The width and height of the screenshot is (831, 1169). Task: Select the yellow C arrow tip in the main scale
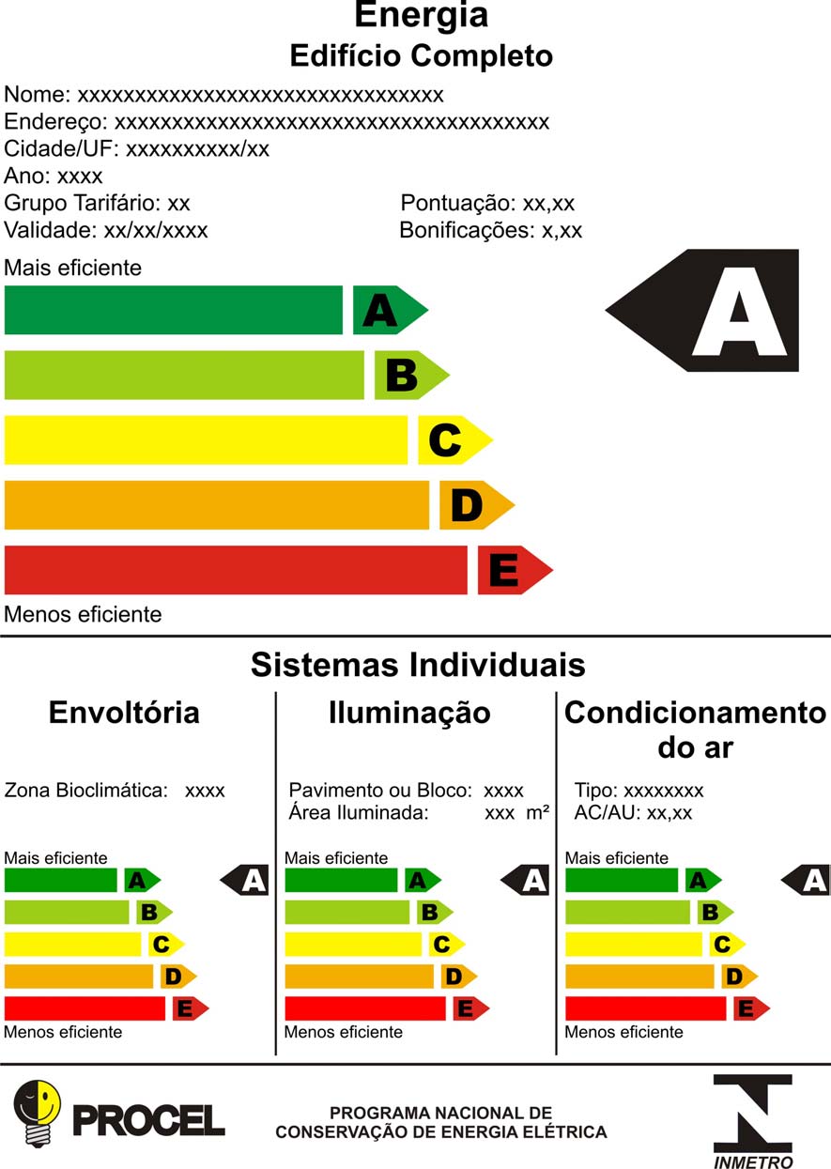pyautogui.click(x=455, y=440)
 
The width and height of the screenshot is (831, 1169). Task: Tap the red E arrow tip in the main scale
pyautogui.click(x=516, y=570)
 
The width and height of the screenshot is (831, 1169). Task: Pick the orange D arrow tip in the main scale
pyautogui.click(x=477, y=504)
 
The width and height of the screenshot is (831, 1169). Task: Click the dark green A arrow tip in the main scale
pyautogui.click(x=391, y=310)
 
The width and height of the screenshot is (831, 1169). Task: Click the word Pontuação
pyautogui.click(x=458, y=204)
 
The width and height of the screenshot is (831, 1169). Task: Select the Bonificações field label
pyautogui.click(x=468, y=231)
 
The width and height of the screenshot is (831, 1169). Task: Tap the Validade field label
pyautogui.click(x=51, y=230)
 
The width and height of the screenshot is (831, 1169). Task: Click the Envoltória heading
pyautogui.click(x=124, y=713)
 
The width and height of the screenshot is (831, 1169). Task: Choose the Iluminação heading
pyautogui.click(x=409, y=714)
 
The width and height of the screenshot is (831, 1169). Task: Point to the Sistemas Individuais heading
pyautogui.click(x=418, y=665)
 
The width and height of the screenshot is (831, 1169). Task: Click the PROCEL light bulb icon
pyautogui.click(x=37, y=1114)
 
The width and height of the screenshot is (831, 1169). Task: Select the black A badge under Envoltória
pyautogui.click(x=244, y=880)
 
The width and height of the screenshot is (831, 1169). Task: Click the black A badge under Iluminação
pyautogui.click(x=525, y=880)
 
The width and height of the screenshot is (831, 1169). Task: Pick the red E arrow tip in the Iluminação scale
pyautogui.click(x=471, y=1008)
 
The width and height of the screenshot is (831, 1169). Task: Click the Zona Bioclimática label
pyautogui.click(x=86, y=791)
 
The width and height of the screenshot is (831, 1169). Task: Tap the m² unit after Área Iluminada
pyautogui.click(x=538, y=813)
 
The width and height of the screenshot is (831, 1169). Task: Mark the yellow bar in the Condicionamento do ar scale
pyautogui.click(x=634, y=945)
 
